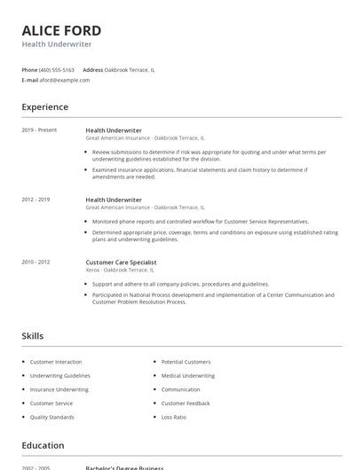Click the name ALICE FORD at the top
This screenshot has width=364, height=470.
coord(61,30)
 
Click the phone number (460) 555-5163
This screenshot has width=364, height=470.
coord(57,69)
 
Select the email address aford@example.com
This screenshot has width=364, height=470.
coord(64,80)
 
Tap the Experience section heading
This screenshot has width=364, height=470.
coord(45,107)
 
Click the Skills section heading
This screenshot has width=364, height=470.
coord(33,336)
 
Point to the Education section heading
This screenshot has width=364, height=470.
coord(43,445)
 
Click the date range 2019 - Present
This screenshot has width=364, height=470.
coord(39,130)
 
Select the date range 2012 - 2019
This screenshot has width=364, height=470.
coord(36,200)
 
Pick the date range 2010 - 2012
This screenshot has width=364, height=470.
coord(36,262)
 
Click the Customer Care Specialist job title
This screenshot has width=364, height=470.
coord(121,262)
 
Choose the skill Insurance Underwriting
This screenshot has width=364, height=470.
coord(59,389)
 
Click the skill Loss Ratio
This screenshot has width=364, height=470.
coord(174,417)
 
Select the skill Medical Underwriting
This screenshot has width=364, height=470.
coord(188,375)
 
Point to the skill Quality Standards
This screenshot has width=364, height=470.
coord(52,417)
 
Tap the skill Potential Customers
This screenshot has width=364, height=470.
coord(186,362)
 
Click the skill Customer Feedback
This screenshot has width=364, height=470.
coord(186,403)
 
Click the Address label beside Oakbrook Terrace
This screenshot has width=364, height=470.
coord(92,69)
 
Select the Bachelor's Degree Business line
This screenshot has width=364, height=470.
coord(125,466)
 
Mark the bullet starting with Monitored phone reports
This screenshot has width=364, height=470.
coord(201,221)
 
